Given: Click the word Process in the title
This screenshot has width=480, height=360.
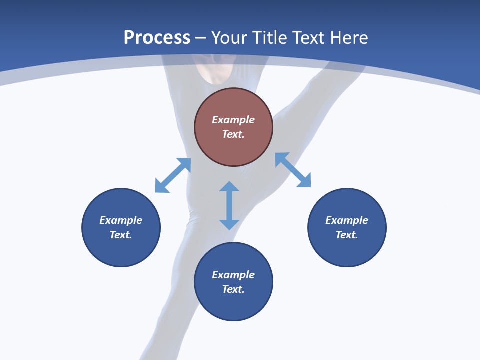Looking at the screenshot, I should tap(157, 38).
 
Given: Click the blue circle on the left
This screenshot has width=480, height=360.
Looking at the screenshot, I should tap(121, 250).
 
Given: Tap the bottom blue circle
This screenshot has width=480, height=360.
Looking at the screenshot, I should tap(233, 305).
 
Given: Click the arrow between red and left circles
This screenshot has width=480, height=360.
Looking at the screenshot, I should tap(173, 175).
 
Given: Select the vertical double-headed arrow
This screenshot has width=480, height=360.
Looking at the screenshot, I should tap(229, 205).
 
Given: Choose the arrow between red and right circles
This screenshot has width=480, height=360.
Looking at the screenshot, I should tap(293, 170).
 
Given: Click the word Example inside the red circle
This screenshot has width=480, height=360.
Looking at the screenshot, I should tap(233, 120).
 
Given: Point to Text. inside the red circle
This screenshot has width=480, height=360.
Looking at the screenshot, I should tap(233, 134).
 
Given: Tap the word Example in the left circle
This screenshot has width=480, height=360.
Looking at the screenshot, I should tap(121, 220).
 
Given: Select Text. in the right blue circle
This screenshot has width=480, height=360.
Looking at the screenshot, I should tap(347, 235).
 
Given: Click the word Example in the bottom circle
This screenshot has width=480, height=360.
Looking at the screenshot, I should tap(233, 275).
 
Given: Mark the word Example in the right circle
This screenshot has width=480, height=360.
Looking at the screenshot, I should tap(347, 220).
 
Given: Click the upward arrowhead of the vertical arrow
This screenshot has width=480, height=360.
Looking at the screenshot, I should tap(229, 187).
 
